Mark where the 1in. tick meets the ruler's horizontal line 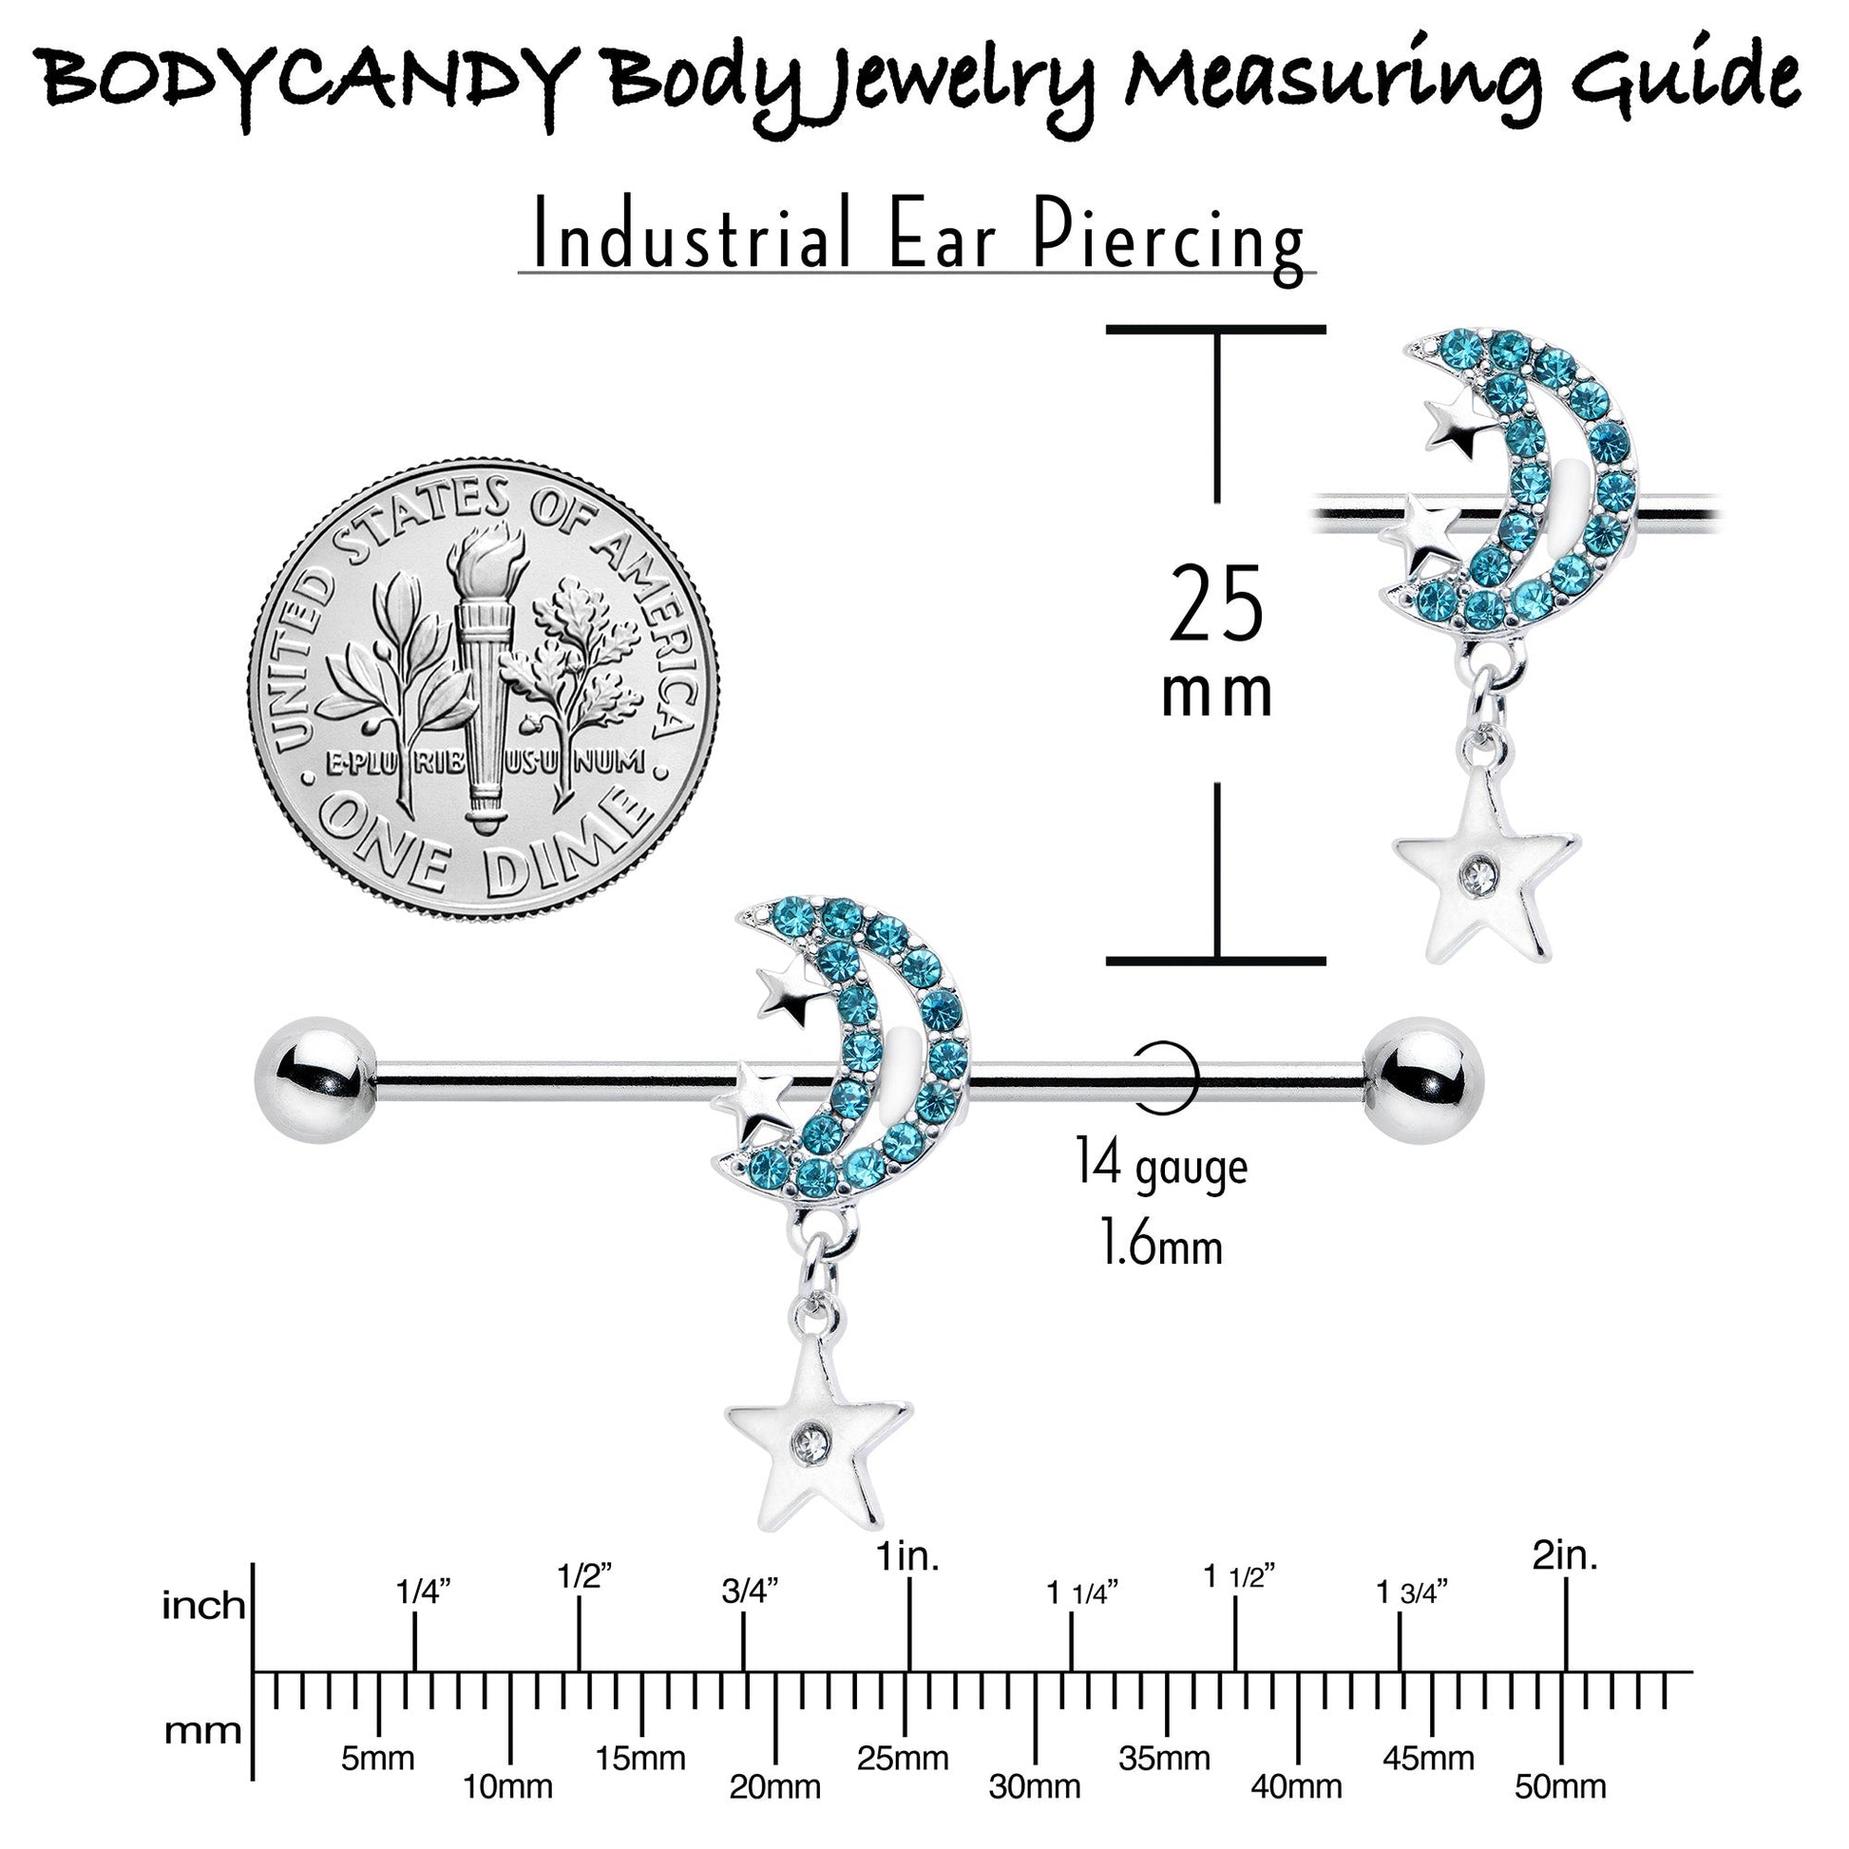908,1672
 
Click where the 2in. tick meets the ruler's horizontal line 1566,1672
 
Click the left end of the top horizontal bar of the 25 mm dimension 1108,329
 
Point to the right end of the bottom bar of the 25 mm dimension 1325,960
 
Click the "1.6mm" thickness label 1162,1245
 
